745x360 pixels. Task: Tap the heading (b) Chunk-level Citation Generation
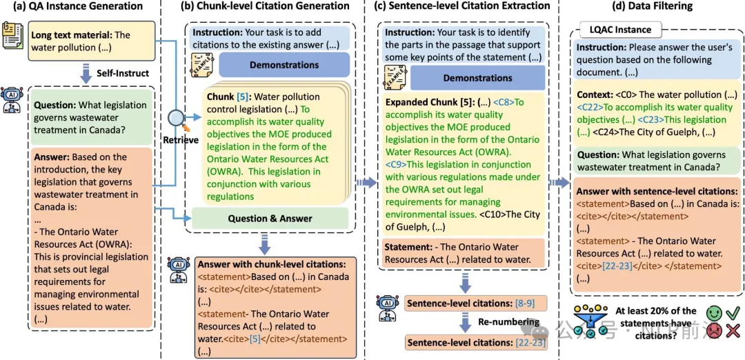pos(266,6)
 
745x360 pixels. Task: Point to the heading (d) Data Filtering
pos(655,6)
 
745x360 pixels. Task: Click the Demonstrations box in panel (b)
pos(284,66)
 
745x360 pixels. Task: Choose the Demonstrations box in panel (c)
pos(477,78)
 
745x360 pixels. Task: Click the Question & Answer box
pos(270,219)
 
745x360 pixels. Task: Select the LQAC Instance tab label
pos(620,30)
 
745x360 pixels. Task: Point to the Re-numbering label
pos(509,322)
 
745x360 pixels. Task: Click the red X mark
pos(732,332)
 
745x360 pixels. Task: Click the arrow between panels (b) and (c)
pos(366,182)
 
